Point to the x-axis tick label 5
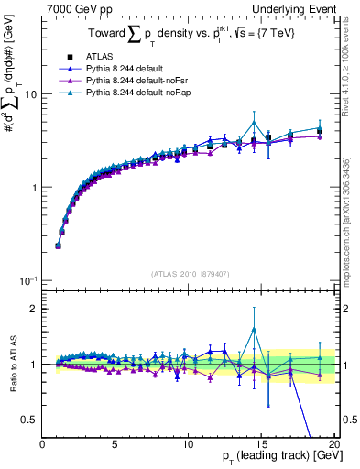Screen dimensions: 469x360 click(115, 445)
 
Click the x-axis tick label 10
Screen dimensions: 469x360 click(187, 445)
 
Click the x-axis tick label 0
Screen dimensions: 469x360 click(43, 445)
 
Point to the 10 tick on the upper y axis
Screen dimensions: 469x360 click(29, 94)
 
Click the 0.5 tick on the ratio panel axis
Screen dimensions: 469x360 click(27, 420)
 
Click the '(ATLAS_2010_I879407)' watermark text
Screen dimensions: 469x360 click(190, 272)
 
